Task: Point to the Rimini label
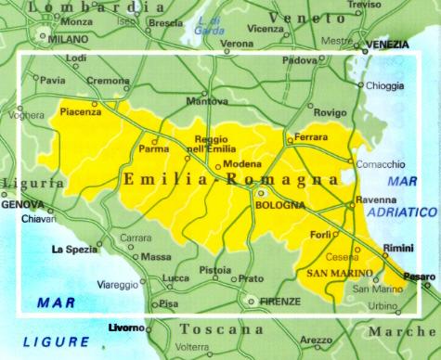pos(399,248)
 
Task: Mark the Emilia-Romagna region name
pos(228,181)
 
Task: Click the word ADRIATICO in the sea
pos(398,212)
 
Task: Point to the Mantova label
pos(207,100)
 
